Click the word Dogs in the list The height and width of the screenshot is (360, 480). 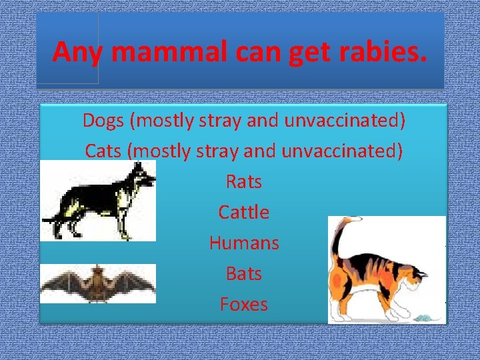tap(103, 121)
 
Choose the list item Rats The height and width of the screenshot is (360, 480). tap(244, 181)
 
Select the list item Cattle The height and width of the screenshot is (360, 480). tap(244, 212)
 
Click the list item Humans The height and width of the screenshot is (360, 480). tap(244, 243)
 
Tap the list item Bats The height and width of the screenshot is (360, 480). tap(244, 273)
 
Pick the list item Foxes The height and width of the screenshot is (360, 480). tap(244, 304)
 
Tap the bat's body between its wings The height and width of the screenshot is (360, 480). tap(98, 283)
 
